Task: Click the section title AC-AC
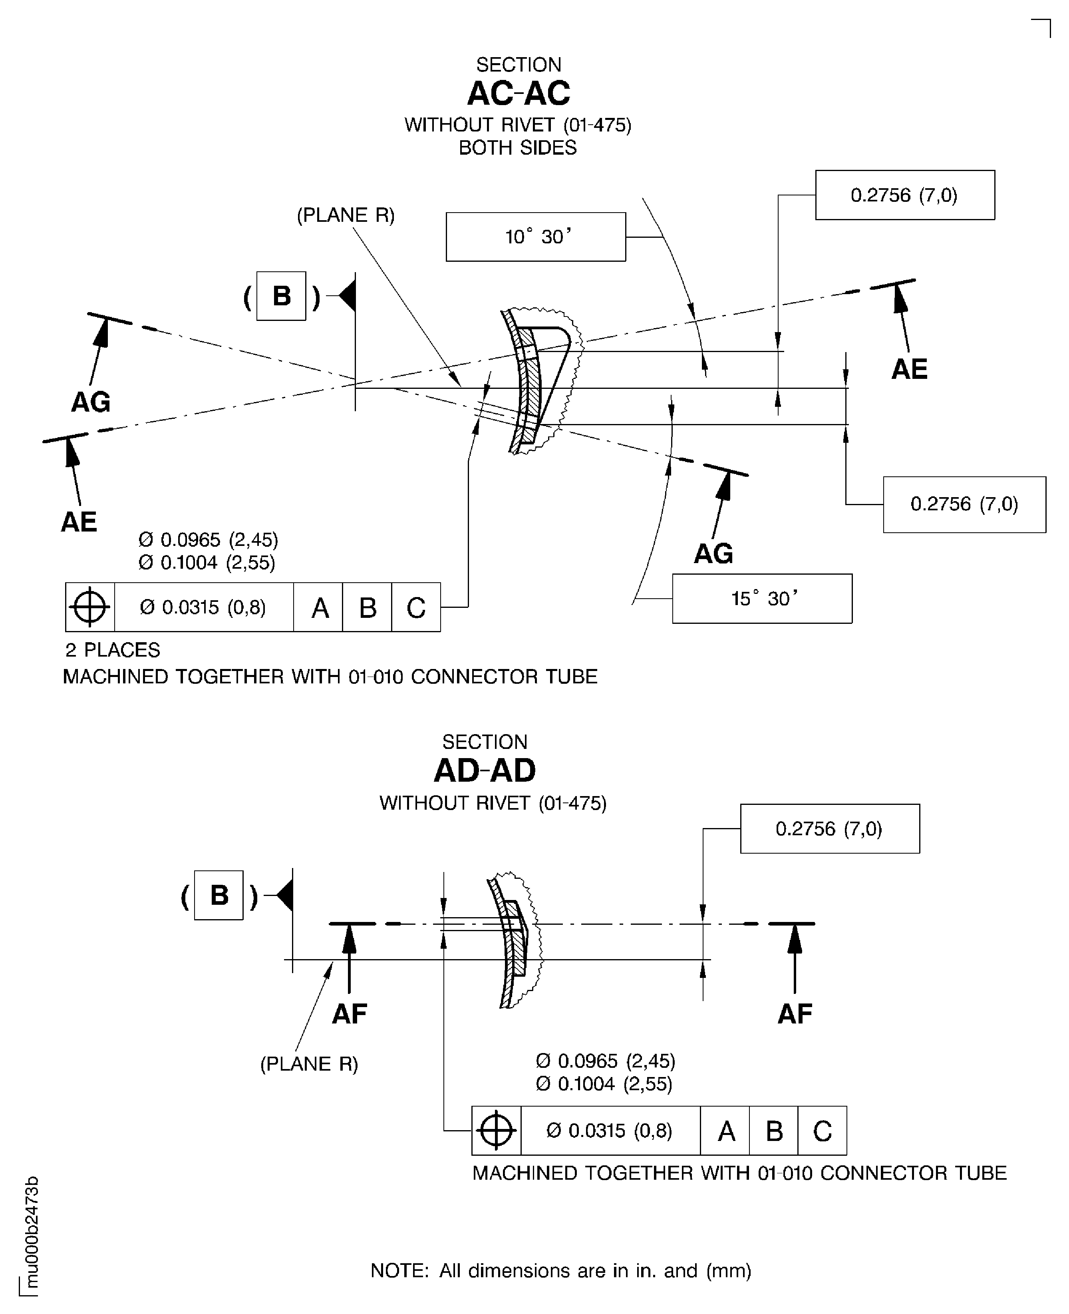click(x=519, y=94)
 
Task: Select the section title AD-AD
click(x=485, y=770)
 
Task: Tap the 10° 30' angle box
click(x=536, y=237)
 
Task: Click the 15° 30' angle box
click(x=762, y=599)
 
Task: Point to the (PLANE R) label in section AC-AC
click(x=346, y=215)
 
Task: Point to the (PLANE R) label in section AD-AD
click(x=309, y=1064)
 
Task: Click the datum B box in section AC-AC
click(x=281, y=296)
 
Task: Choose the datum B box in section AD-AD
click(x=219, y=896)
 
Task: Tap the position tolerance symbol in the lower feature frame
click(x=496, y=1131)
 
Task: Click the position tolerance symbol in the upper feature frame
click(x=90, y=607)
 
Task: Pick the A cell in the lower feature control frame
click(x=726, y=1131)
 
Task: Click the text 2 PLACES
click(x=113, y=650)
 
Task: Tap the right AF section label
click(x=795, y=1014)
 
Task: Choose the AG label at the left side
click(x=91, y=402)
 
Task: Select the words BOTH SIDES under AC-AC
click(x=518, y=148)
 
